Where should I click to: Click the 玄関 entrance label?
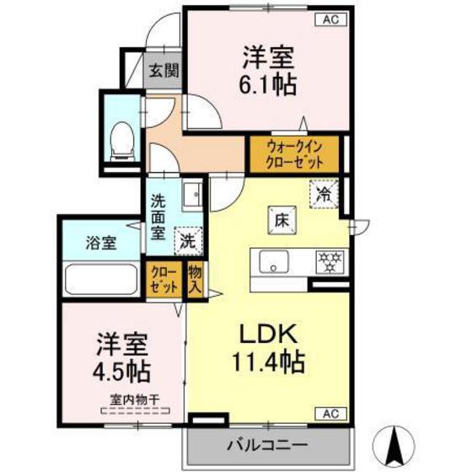tap(164, 71)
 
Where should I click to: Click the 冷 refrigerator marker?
tap(324, 193)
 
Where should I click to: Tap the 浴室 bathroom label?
tap(100, 243)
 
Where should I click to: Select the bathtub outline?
tap(101, 277)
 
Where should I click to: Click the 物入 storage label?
tap(195, 279)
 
